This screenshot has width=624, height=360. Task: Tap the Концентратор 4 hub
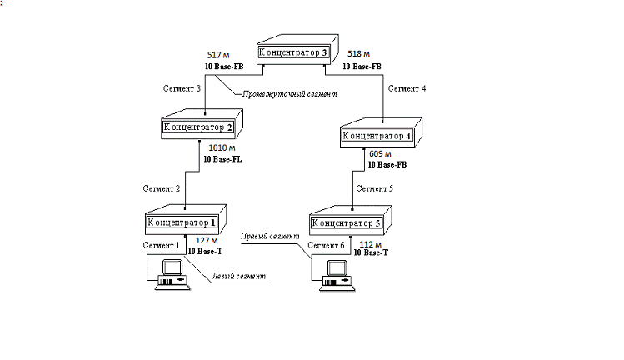pyautogui.click(x=377, y=134)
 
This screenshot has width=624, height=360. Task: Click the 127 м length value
pyautogui.click(x=200, y=240)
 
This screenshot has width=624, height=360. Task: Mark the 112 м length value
pyautogui.click(x=372, y=244)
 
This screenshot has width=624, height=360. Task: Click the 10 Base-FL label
pyautogui.click(x=222, y=158)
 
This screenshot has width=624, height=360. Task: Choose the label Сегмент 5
pyautogui.click(x=375, y=188)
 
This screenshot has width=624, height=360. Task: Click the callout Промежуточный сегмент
pyautogui.click(x=289, y=95)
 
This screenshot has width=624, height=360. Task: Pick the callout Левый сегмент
pyautogui.click(x=237, y=276)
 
